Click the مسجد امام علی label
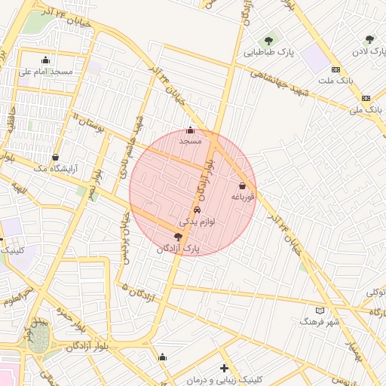coord(45,72)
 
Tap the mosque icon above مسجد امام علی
coord(46,60)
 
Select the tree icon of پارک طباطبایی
coord(268,41)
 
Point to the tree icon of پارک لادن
coord(369,39)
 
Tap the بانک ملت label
coord(335,80)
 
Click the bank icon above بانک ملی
coord(366,98)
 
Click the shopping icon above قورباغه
coord(242,185)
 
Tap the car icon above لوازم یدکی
coord(197,210)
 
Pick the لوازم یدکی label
coord(197,222)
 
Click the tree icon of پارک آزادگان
coord(178,237)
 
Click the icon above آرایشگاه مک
coord(56,158)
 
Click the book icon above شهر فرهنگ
coord(320,310)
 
